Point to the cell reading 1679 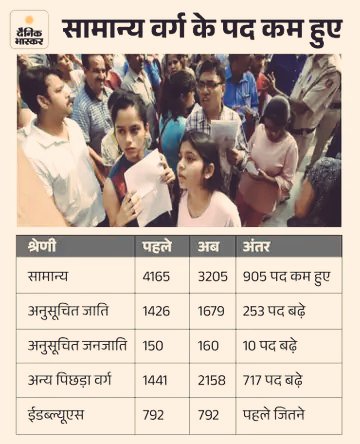coord(212,312)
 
